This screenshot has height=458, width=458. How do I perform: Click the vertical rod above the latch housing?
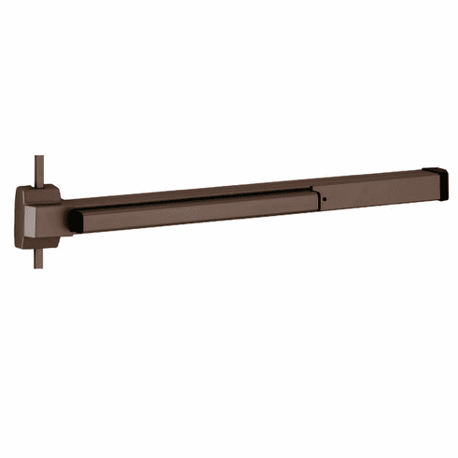point(40,168)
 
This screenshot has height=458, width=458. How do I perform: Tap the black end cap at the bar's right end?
point(437,179)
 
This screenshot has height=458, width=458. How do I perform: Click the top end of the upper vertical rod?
point(40,155)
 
